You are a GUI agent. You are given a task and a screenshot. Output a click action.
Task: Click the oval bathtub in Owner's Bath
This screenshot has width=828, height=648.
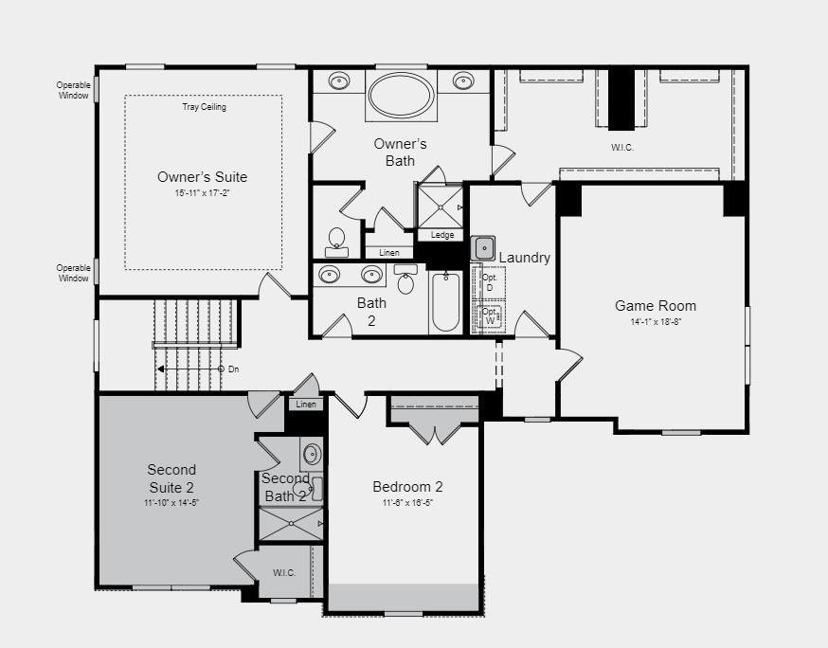401,95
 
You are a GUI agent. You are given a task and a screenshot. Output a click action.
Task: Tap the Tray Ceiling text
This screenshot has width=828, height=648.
204,107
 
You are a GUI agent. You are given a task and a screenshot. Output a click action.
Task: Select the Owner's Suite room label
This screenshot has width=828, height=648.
202,177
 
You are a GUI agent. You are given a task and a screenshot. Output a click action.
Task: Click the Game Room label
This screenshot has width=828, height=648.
656,305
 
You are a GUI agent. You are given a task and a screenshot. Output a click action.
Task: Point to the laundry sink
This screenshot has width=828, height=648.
483,248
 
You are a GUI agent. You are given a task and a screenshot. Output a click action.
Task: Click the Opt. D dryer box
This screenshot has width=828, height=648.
490,282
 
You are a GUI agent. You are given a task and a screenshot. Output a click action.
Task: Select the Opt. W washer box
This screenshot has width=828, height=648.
490,316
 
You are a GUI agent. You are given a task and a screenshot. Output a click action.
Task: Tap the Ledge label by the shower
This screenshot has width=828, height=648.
442,235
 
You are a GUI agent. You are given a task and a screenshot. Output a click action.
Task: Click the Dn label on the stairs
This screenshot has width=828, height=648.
233,369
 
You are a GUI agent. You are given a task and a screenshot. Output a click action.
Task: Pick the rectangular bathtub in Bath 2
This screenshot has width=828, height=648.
444,301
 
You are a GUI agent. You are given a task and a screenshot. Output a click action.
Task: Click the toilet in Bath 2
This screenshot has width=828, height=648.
405,280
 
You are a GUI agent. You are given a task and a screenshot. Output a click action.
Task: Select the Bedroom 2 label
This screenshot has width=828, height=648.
407,487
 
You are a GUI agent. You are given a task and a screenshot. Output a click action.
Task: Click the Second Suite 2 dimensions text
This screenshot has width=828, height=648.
171,502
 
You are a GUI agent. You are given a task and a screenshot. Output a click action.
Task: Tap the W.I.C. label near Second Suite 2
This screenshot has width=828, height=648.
284,573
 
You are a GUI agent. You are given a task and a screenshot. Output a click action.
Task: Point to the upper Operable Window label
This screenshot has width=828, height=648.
73,90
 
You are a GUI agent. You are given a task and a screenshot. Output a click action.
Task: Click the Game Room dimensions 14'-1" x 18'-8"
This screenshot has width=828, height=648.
656,322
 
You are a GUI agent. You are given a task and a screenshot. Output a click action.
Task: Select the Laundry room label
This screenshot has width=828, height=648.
524,258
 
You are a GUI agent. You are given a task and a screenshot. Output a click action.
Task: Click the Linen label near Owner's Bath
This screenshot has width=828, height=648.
389,253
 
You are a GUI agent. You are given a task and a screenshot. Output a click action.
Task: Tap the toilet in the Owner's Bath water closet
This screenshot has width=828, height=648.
336,239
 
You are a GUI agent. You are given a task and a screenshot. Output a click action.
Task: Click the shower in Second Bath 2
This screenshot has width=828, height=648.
291,523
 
